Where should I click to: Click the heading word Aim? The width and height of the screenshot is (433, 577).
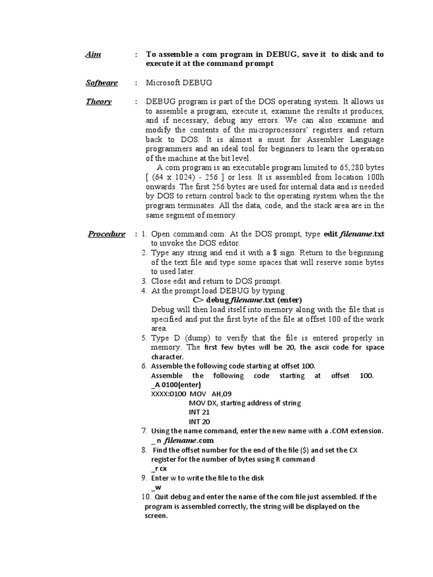(92, 55)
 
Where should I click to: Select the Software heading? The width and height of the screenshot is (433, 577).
(101, 83)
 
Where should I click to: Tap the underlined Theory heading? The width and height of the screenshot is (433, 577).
(99, 102)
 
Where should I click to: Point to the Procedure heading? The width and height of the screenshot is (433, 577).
(107, 234)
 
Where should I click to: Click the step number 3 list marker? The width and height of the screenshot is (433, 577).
(144, 281)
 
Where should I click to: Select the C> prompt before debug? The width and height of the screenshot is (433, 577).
(198, 300)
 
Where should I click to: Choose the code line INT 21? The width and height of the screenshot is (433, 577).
(200, 412)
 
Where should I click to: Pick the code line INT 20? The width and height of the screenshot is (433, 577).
(200, 421)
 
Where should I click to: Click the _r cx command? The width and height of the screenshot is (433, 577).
(158, 468)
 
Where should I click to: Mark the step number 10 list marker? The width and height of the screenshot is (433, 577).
(145, 497)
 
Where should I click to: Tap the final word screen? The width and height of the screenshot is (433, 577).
(156, 516)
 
